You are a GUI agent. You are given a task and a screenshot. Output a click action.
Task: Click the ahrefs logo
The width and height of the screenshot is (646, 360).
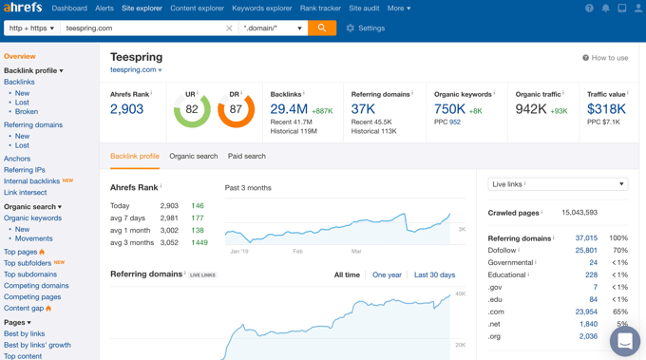(23, 8)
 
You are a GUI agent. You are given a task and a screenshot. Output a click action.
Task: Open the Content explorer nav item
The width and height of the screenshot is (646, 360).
(197, 9)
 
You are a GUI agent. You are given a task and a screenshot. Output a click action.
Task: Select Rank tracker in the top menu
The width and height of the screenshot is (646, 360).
(320, 9)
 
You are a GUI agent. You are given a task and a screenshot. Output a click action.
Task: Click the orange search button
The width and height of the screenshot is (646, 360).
(322, 28)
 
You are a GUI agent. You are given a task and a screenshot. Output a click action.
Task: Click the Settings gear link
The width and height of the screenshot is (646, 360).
(365, 28)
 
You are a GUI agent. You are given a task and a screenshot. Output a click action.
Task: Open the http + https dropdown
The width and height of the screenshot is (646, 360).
(31, 28)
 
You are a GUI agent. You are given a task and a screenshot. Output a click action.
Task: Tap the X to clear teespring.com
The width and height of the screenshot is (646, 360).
(229, 28)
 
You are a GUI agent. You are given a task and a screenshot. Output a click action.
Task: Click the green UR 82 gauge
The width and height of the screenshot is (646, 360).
(192, 109)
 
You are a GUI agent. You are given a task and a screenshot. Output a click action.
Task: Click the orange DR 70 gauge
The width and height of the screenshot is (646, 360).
(236, 109)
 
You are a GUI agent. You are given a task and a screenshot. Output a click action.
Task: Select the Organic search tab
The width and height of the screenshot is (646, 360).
(193, 156)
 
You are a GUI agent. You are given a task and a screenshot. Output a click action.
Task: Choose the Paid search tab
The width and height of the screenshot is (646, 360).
(246, 156)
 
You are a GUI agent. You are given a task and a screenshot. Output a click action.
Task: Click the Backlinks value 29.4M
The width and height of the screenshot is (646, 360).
(289, 109)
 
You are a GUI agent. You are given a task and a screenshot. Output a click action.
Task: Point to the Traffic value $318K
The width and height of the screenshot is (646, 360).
(606, 109)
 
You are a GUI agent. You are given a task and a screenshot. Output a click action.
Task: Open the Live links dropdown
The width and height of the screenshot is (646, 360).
(558, 184)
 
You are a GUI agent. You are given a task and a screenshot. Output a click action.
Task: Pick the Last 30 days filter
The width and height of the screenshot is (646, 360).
(434, 275)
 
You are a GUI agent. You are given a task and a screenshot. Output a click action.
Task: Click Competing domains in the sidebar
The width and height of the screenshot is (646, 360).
(36, 285)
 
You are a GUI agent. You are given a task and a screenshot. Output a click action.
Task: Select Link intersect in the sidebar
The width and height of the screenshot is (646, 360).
(25, 192)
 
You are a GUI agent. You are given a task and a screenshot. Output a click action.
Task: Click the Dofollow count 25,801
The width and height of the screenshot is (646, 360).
(586, 251)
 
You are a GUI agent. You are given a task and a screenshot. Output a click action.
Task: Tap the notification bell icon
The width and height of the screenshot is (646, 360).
(605, 9)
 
